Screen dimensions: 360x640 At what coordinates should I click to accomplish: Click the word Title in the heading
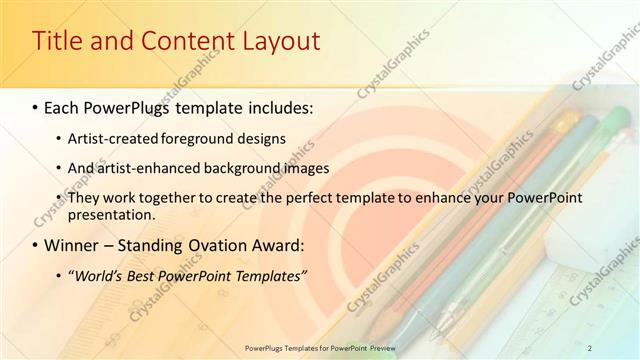click(59, 42)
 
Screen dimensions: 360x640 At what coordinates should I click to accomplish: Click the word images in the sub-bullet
click(310, 168)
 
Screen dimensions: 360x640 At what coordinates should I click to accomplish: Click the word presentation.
click(112, 214)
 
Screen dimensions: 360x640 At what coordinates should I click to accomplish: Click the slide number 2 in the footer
click(590, 347)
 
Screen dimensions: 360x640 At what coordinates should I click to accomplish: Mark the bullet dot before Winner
click(36, 245)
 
